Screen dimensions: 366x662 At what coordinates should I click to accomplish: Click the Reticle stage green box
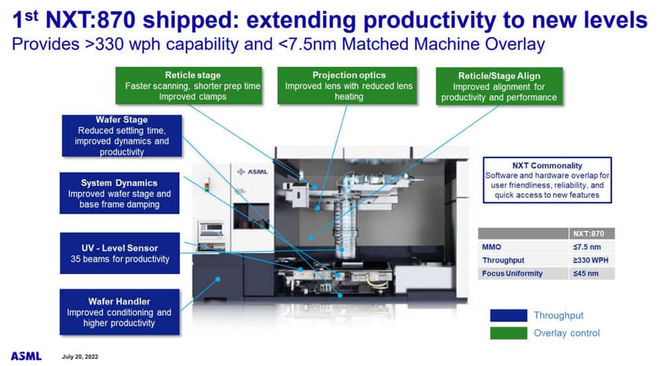pos(193,85)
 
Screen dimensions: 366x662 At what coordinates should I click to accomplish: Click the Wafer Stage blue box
pos(121,136)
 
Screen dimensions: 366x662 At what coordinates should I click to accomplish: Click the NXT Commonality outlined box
pos(547,179)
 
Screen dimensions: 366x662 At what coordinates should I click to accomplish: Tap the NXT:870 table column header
pos(591,233)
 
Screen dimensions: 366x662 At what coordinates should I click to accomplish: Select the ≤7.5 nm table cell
pos(591,247)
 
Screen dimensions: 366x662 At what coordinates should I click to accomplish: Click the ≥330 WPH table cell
pos(591,260)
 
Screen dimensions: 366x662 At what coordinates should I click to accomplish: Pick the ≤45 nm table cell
pos(591,273)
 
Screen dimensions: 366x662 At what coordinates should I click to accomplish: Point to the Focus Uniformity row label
pos(514,273)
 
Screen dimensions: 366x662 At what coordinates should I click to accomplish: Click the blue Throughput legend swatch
pos(508,316)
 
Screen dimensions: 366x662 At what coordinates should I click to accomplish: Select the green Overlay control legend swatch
pos(508,333)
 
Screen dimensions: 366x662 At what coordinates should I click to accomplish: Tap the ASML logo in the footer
pos(26,356)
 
